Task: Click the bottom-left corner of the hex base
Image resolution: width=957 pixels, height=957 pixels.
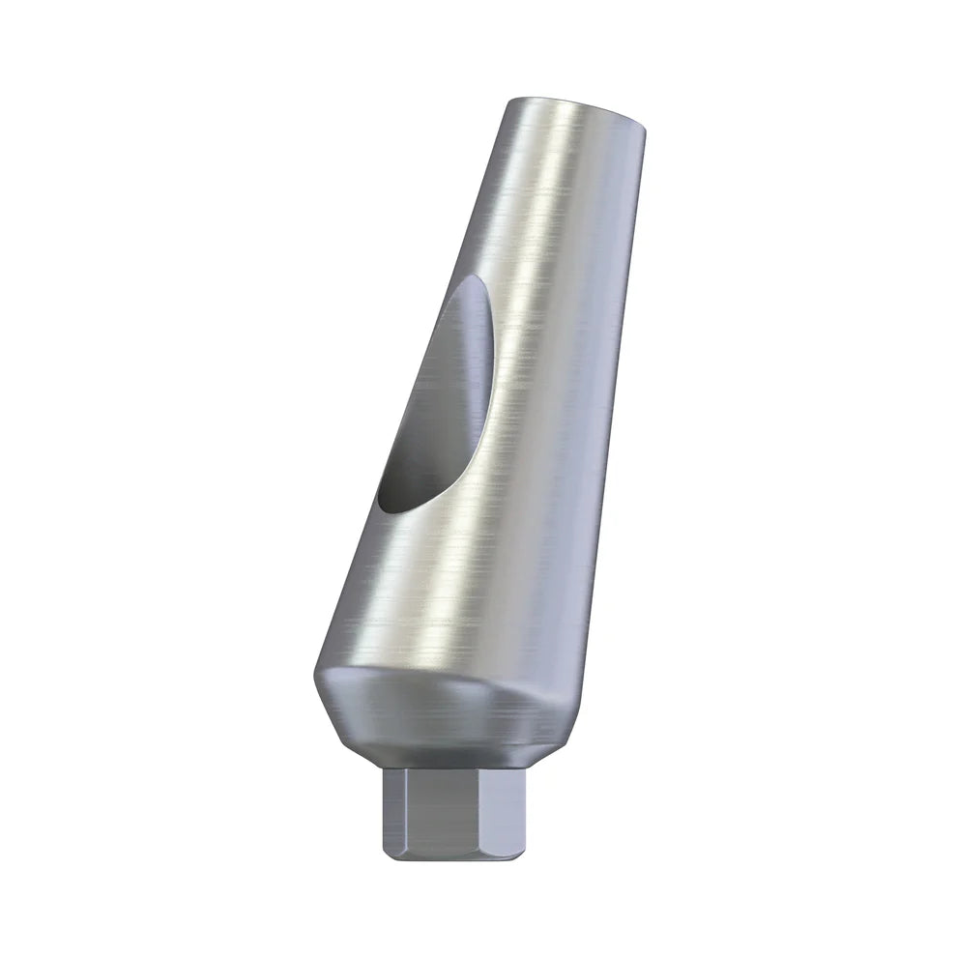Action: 387,854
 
